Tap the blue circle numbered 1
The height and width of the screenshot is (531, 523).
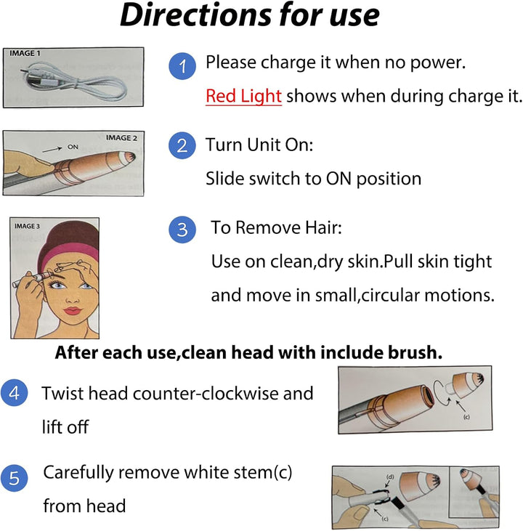coord(182,68)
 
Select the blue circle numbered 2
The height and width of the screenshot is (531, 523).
coord(182,146)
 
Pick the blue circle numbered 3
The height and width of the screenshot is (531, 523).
coord(182,230)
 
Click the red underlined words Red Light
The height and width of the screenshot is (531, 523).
coord(243,96)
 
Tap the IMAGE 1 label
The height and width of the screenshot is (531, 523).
coord(25,54)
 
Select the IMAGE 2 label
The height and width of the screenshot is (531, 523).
coord(120,137)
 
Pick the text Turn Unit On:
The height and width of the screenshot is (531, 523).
coord(259,145)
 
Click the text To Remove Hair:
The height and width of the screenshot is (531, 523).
coord(276,228)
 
